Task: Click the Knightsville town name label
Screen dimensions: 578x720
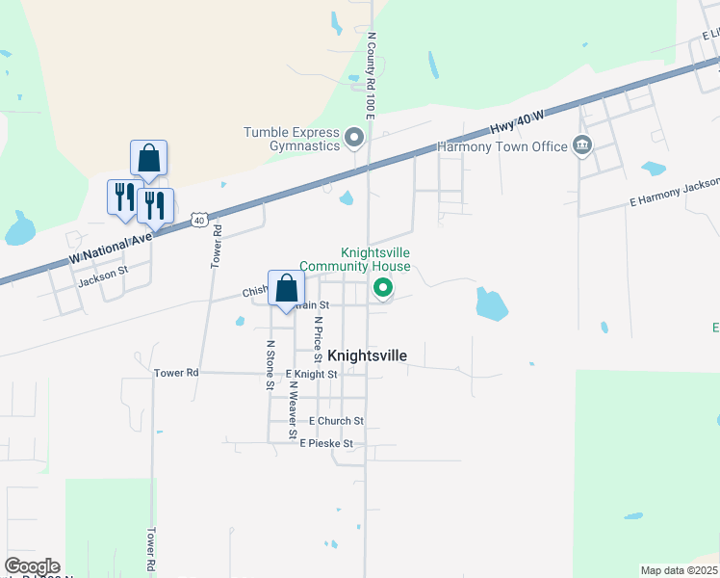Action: (x=368, y=355)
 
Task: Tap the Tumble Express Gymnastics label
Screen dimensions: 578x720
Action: (x=292, y=139)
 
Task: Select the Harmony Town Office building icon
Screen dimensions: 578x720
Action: (x=582, y=146)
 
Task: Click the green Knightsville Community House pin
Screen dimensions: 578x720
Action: (x=383, y=287)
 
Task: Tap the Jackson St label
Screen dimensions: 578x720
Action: (x=103, y=274)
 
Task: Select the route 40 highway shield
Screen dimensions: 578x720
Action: (x=198, y=220)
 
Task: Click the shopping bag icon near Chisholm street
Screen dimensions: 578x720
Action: (x=286, y=287)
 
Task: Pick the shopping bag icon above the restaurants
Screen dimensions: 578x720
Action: (x=148, y=158)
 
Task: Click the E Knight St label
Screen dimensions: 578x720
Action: (x=311, y=374)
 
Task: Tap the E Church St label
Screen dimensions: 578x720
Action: (x=336, y=421)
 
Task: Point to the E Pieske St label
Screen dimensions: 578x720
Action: (x=326, y=444)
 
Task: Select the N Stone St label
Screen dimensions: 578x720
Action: (x=270, y=365)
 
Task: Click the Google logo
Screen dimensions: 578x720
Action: (x=32, y=566)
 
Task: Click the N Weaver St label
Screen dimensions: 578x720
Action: (x=292, y=408)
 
